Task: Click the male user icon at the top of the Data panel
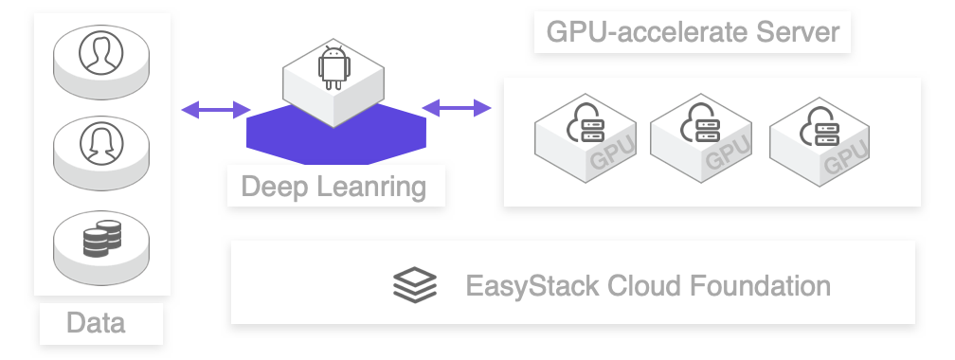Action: [101, 55]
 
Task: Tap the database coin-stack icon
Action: [101, 239]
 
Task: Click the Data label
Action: [96, 323]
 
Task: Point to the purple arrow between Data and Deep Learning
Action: [215, 110]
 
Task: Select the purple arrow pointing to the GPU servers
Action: [457, 109]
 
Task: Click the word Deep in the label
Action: [273, 187]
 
